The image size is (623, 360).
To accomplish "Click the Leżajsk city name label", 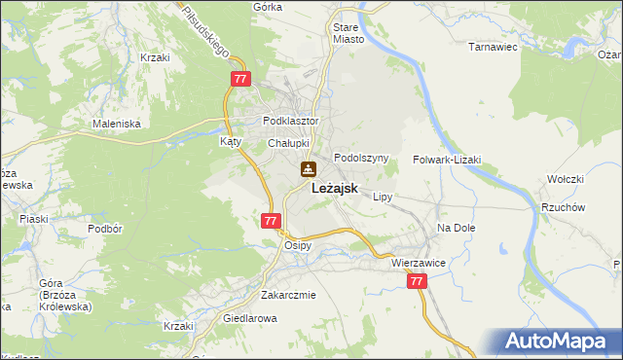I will point(340,191).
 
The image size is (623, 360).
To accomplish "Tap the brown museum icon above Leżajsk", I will point(308,169).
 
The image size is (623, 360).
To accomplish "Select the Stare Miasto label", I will point(348,34).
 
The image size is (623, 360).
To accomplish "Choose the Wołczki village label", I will point(565,179).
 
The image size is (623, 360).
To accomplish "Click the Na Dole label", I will point(455,227).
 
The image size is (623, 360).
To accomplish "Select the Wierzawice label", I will point(418,263).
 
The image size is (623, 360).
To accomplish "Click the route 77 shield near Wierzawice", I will point(417,281).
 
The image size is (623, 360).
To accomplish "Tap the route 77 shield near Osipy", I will point(271,221).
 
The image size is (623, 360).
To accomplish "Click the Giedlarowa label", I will point(251,318).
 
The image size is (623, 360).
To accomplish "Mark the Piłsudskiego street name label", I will point(205,27).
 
